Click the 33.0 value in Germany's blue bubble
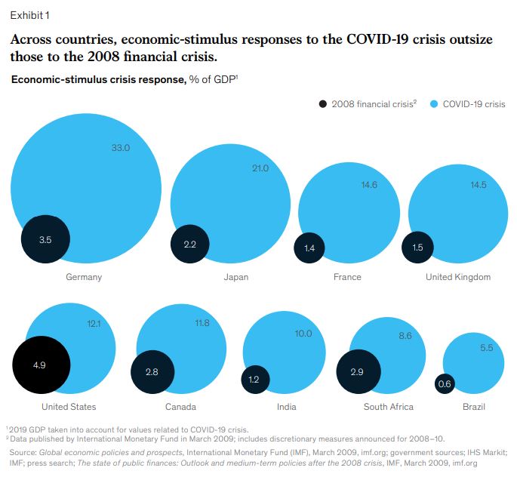pyautogui.click(x=121, y=148)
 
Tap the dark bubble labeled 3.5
pyautogui.click(x=45, y=240)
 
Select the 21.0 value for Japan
pyautogui.click(x=260, y=168)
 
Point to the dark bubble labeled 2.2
pyautogui.click(x=190, y=245)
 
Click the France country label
pyautogui.click(x=347, y=277)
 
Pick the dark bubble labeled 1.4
pyautogui.click(x=309, y=248)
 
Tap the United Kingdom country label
pyautogui.click(x=458, y=277)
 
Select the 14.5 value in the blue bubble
pyautogui.click(x=479, y=185)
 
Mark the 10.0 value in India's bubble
pyautogui.click(x=303, y=334)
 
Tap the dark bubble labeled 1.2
pyautogui.click(x=255, y=380)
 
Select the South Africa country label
pyautogui.click(x=389, y=407)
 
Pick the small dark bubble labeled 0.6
pyautogui.click(x=445, y=384)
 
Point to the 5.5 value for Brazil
pyautogui.click(x=487, y=348)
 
